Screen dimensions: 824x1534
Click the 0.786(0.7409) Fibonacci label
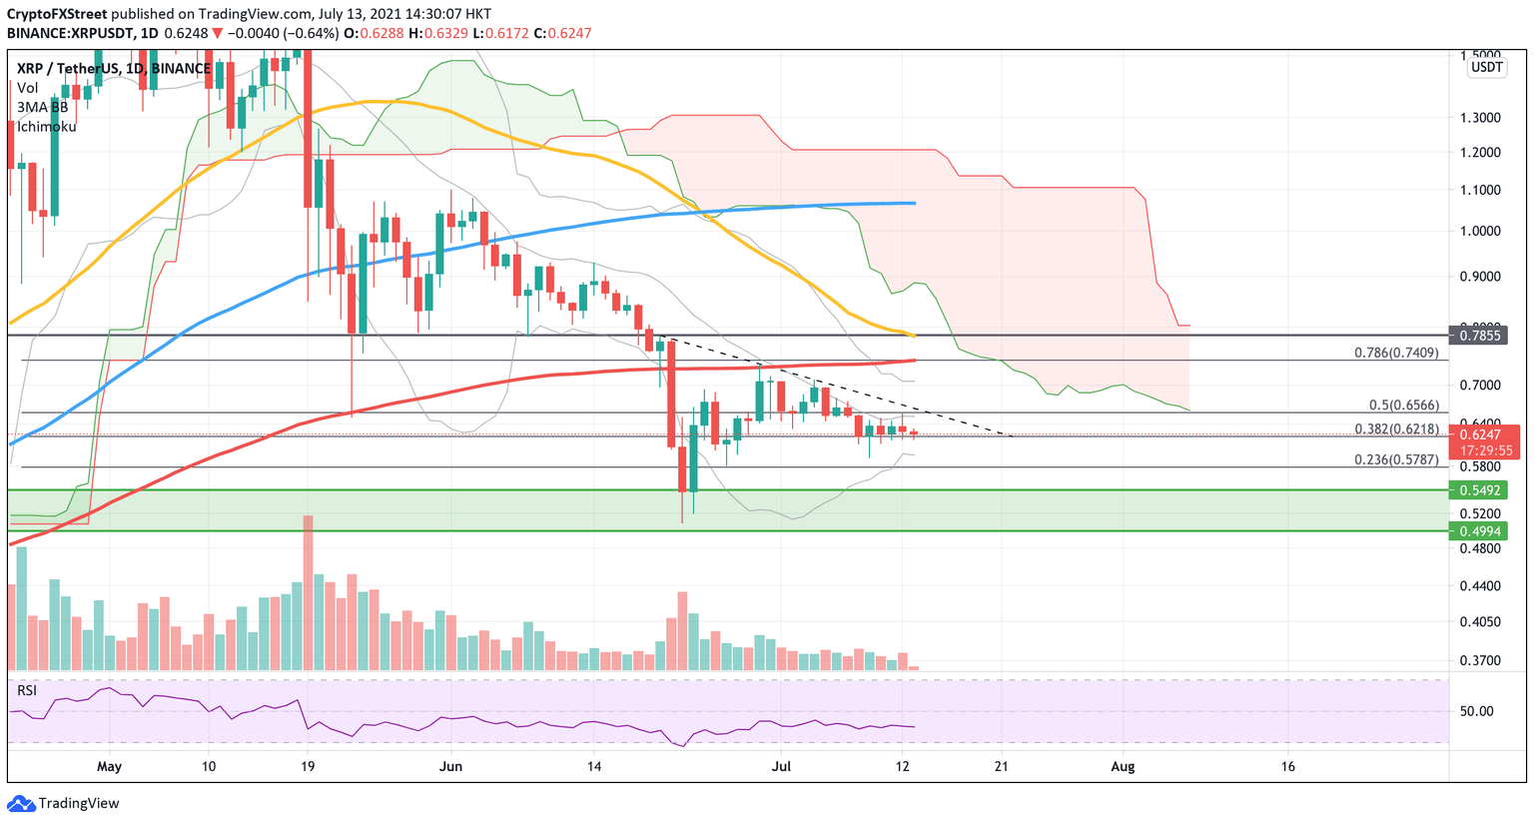pos(1395,353)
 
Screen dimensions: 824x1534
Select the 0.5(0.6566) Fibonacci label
pos(1403,406)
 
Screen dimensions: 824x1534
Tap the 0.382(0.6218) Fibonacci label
pos(1395,428)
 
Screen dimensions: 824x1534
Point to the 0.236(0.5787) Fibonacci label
pos(1395,459)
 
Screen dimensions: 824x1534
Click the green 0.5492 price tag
pos(1478,490)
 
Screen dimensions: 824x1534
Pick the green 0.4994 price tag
pos(1478,530)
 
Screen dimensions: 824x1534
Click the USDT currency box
pos(1486,67)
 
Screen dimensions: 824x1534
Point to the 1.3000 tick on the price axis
pos(1479,117)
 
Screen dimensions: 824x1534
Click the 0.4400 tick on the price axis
pos(1479,585)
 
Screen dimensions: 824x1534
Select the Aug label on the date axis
pos(1124,767)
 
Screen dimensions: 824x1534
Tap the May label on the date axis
pos(109,767)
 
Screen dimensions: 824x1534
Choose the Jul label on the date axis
pos(782,767)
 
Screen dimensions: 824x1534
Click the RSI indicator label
pos(27,690)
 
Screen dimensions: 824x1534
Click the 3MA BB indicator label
pos(42,107)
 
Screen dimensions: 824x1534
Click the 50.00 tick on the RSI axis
pos(1477,711)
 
